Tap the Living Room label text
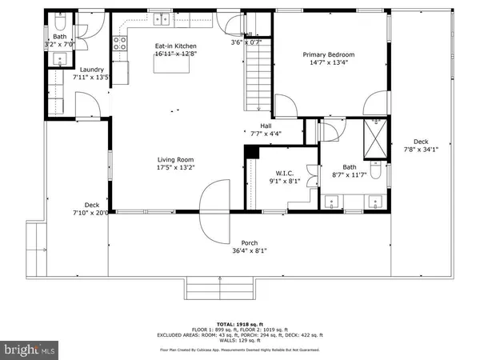(175, 160)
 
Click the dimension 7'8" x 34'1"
(421, 148)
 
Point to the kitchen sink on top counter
(162, 18)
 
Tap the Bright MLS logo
(31, 349)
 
